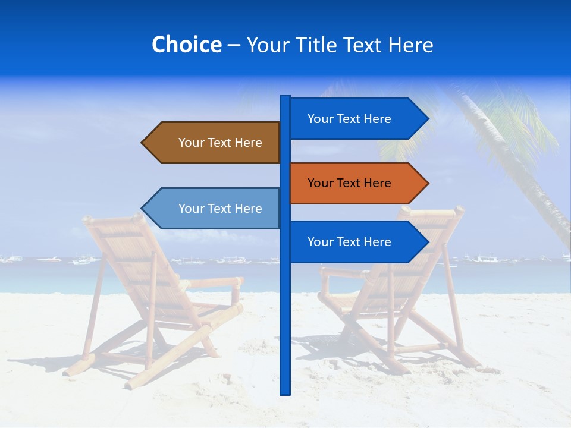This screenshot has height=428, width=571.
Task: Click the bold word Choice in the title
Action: (186, 45)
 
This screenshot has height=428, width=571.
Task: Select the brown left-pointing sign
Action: (214, 143)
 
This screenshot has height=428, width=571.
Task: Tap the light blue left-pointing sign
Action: (214, 208)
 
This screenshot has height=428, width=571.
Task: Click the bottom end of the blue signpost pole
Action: (285, 392)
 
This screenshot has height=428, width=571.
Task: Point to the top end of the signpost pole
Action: (285, 97)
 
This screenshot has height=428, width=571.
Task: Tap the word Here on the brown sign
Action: (247, 143)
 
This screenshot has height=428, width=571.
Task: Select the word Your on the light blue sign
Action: (191, 209)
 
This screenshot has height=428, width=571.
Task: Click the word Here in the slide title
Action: (410, 45)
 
